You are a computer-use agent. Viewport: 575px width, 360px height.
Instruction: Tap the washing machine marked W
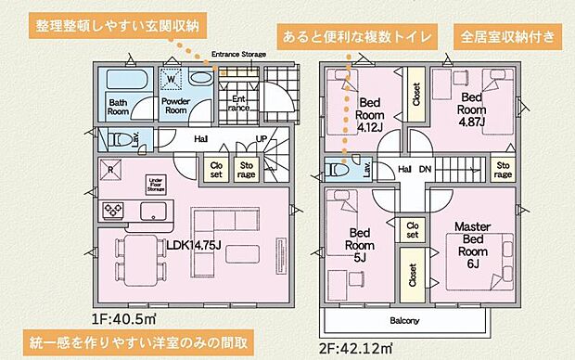click(171, 80)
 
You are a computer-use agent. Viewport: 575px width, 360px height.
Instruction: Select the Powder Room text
click(176, 107)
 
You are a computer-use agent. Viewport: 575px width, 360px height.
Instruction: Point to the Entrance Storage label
click(239, 55)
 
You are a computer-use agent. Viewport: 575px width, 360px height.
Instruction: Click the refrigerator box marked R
click(111, 171)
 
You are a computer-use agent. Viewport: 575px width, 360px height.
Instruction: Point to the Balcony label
click(404, 321)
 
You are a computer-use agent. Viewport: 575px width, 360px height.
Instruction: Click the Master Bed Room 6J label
click(472, 244)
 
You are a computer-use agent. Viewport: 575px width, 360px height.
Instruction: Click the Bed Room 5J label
click(360, 246)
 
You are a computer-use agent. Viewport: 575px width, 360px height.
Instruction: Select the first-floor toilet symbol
click(115, 140)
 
